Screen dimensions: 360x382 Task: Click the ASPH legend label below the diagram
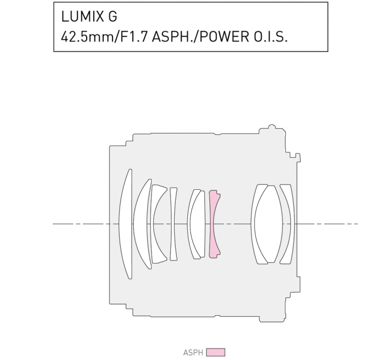pyautogui.click(x=193, y=352)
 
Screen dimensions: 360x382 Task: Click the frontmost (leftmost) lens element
pyautogui.click(x=125, y=224)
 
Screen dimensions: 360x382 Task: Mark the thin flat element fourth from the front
pyautogui.click(x=174, y=224)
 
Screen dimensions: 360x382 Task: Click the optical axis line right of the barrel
pyautogui.click(x=327, y=224)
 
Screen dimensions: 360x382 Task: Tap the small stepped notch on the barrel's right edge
pyautogui.click(x=298, y=158)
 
